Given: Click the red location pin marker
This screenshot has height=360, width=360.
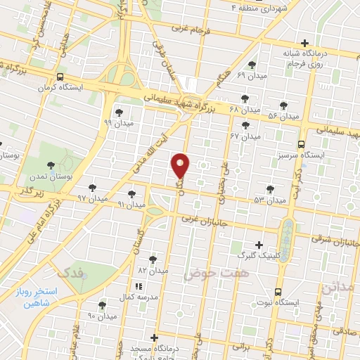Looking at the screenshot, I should (x=181, y=165).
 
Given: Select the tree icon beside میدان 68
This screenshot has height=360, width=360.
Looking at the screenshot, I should (x=245, y=98).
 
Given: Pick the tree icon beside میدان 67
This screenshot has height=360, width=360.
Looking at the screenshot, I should (x=247, y=124).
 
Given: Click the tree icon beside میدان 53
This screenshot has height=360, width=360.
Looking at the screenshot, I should (x=271, y=188).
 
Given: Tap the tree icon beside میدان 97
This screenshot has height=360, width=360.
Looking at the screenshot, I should (x=92, y=188).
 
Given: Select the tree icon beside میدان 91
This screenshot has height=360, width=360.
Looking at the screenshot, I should (x=131, y=193).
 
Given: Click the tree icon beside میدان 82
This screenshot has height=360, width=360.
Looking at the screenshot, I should (x=153, y=259).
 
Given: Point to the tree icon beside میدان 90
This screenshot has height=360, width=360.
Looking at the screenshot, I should (x=102, y=305).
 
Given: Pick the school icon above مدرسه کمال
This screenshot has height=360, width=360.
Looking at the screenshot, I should (x=138, y=287).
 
